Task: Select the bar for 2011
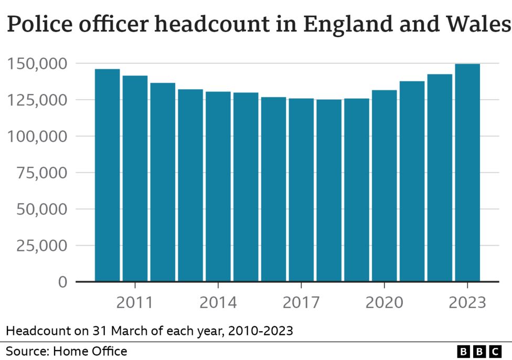tap(135, 178)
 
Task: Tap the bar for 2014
tap(218, 186)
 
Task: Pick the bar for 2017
tap(301, 189)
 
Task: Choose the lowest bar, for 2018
tap(329, 190)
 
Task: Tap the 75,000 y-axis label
tap(41, 173)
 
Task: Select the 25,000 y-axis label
tap(41, 246)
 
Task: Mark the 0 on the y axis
tap(62, 282)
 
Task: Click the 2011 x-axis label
tap(135, 302)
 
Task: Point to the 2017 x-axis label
tap(301, 302)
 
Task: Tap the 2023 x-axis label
tap(467, 302)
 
